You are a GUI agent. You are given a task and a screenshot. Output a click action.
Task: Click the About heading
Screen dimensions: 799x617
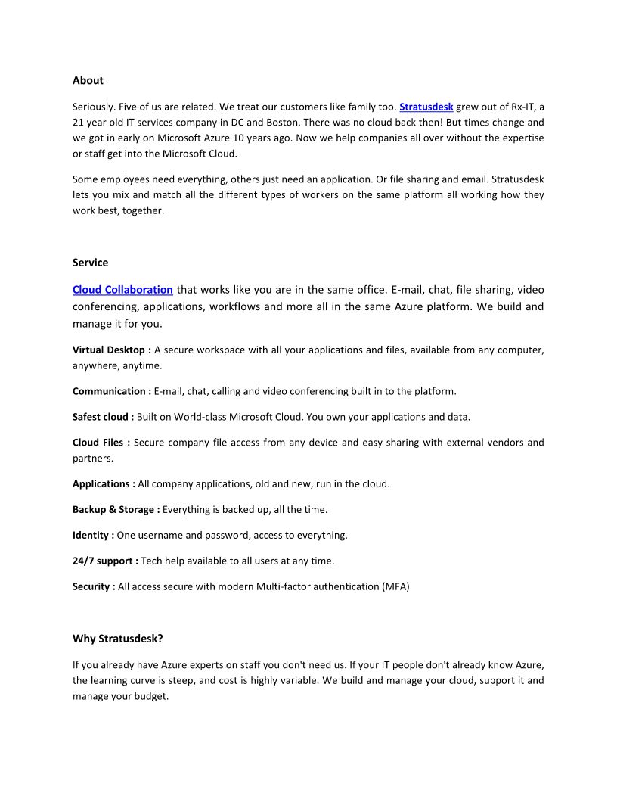tap(88, 80)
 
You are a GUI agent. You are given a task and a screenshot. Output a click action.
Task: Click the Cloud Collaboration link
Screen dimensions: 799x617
tap(122, 290)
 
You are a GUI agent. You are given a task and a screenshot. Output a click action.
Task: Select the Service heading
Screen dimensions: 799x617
tap(90, 263)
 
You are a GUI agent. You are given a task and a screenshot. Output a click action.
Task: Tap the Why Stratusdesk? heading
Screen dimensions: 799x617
tap(117, 639)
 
